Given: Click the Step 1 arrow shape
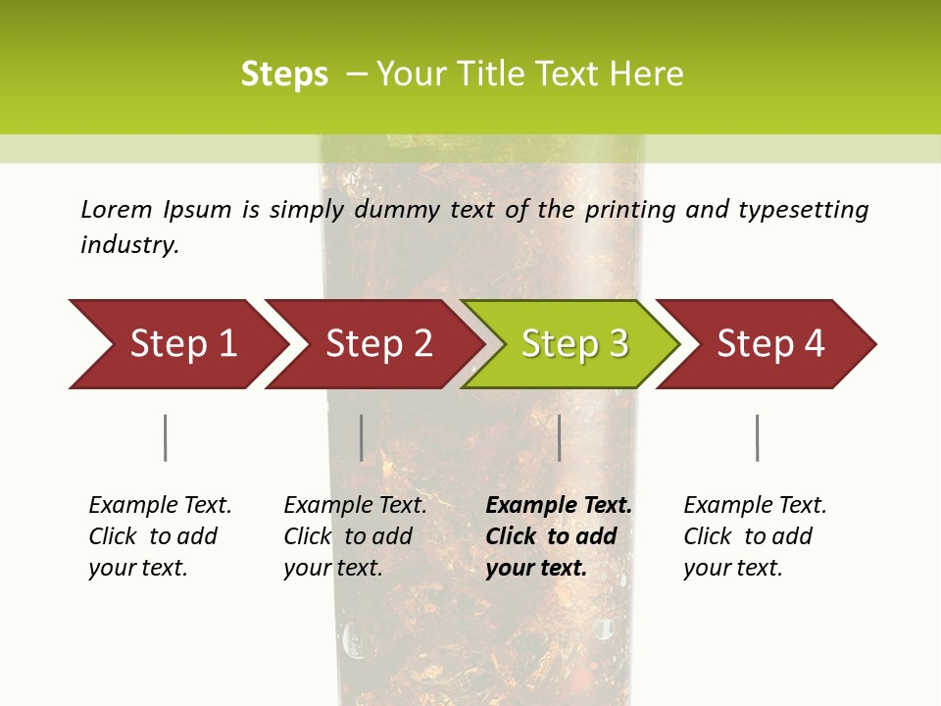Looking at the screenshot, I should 176,344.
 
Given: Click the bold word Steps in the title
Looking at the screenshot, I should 284,75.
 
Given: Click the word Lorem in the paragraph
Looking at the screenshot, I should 117,209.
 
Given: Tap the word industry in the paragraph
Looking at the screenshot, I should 129,244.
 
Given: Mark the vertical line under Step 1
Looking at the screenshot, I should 165,437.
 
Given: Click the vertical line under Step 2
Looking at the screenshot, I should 362,437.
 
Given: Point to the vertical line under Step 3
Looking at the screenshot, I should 559,437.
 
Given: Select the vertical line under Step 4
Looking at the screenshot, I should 757,437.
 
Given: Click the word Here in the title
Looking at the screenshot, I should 646,75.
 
